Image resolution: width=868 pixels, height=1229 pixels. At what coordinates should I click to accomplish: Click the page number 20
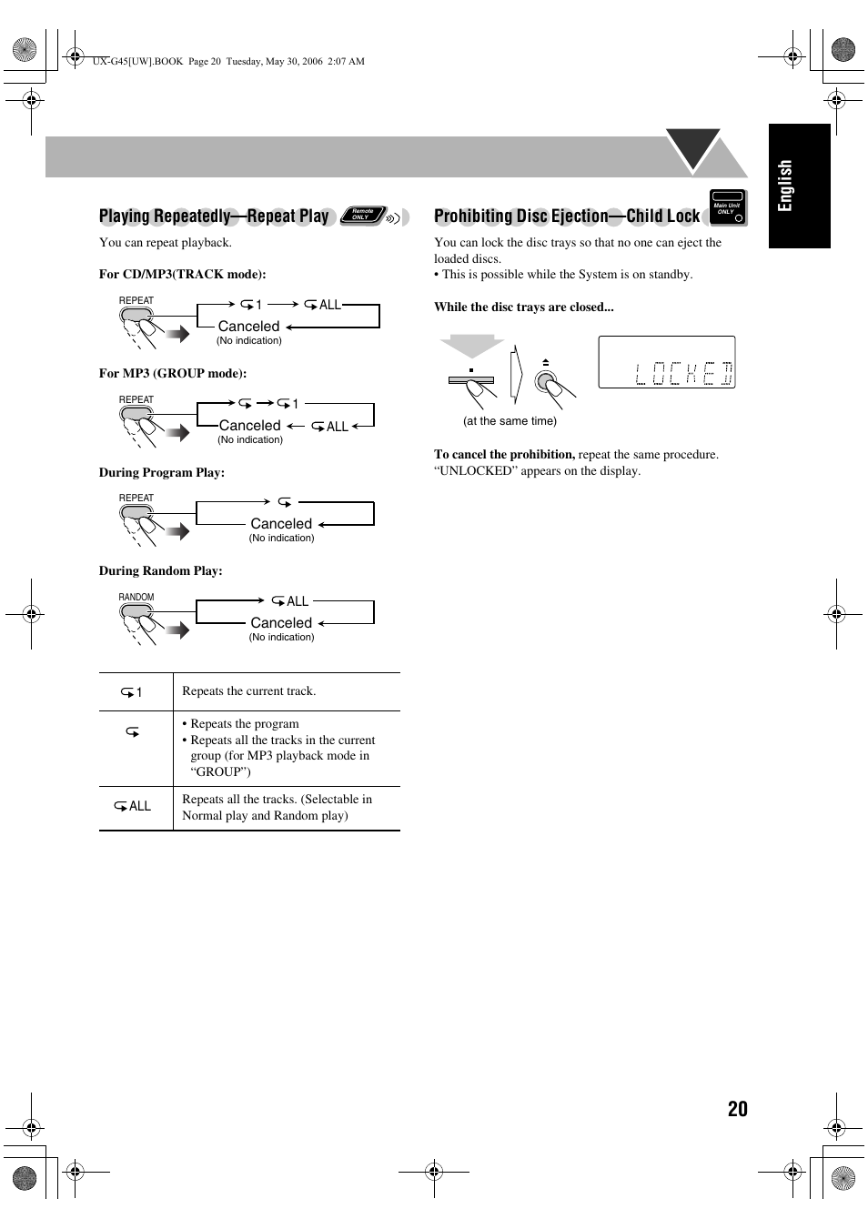pos(737,1108)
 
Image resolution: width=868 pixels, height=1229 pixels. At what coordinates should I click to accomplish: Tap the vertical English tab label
pos(785,186)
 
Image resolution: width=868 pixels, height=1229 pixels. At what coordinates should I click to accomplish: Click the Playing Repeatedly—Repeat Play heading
pos(214,217)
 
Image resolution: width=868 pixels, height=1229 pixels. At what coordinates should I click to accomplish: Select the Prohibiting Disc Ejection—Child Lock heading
pos(566,217)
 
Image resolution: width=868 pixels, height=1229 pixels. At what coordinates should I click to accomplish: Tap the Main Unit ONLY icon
pos(727,207)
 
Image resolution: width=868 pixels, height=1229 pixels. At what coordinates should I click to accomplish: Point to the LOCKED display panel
pos(666,363)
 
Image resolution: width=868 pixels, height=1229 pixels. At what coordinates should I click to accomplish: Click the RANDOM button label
pos(136,598)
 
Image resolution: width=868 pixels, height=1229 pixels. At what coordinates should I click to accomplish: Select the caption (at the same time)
pos(510,421)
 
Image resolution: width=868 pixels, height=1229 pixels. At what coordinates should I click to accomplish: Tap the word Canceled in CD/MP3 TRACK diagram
pos(248,327)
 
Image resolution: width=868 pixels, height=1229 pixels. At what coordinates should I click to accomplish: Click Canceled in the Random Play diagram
pos(281,623)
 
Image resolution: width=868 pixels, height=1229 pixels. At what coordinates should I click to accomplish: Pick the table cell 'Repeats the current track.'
pos(248,691)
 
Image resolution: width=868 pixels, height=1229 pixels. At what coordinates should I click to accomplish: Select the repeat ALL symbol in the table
pos(133,807)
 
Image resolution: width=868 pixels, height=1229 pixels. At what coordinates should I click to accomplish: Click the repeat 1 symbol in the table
pos(132,692)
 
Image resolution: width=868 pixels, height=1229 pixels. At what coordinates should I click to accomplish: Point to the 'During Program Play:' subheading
pos(161,472)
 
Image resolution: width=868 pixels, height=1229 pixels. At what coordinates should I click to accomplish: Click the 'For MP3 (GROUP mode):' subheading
pos(172,373)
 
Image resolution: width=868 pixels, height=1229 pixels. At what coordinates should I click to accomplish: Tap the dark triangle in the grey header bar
pos(693,147)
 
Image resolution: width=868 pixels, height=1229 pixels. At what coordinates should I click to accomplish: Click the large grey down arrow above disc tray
pos(471,347)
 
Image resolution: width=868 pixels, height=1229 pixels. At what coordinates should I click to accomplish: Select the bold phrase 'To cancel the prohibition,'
pos(504,454)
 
